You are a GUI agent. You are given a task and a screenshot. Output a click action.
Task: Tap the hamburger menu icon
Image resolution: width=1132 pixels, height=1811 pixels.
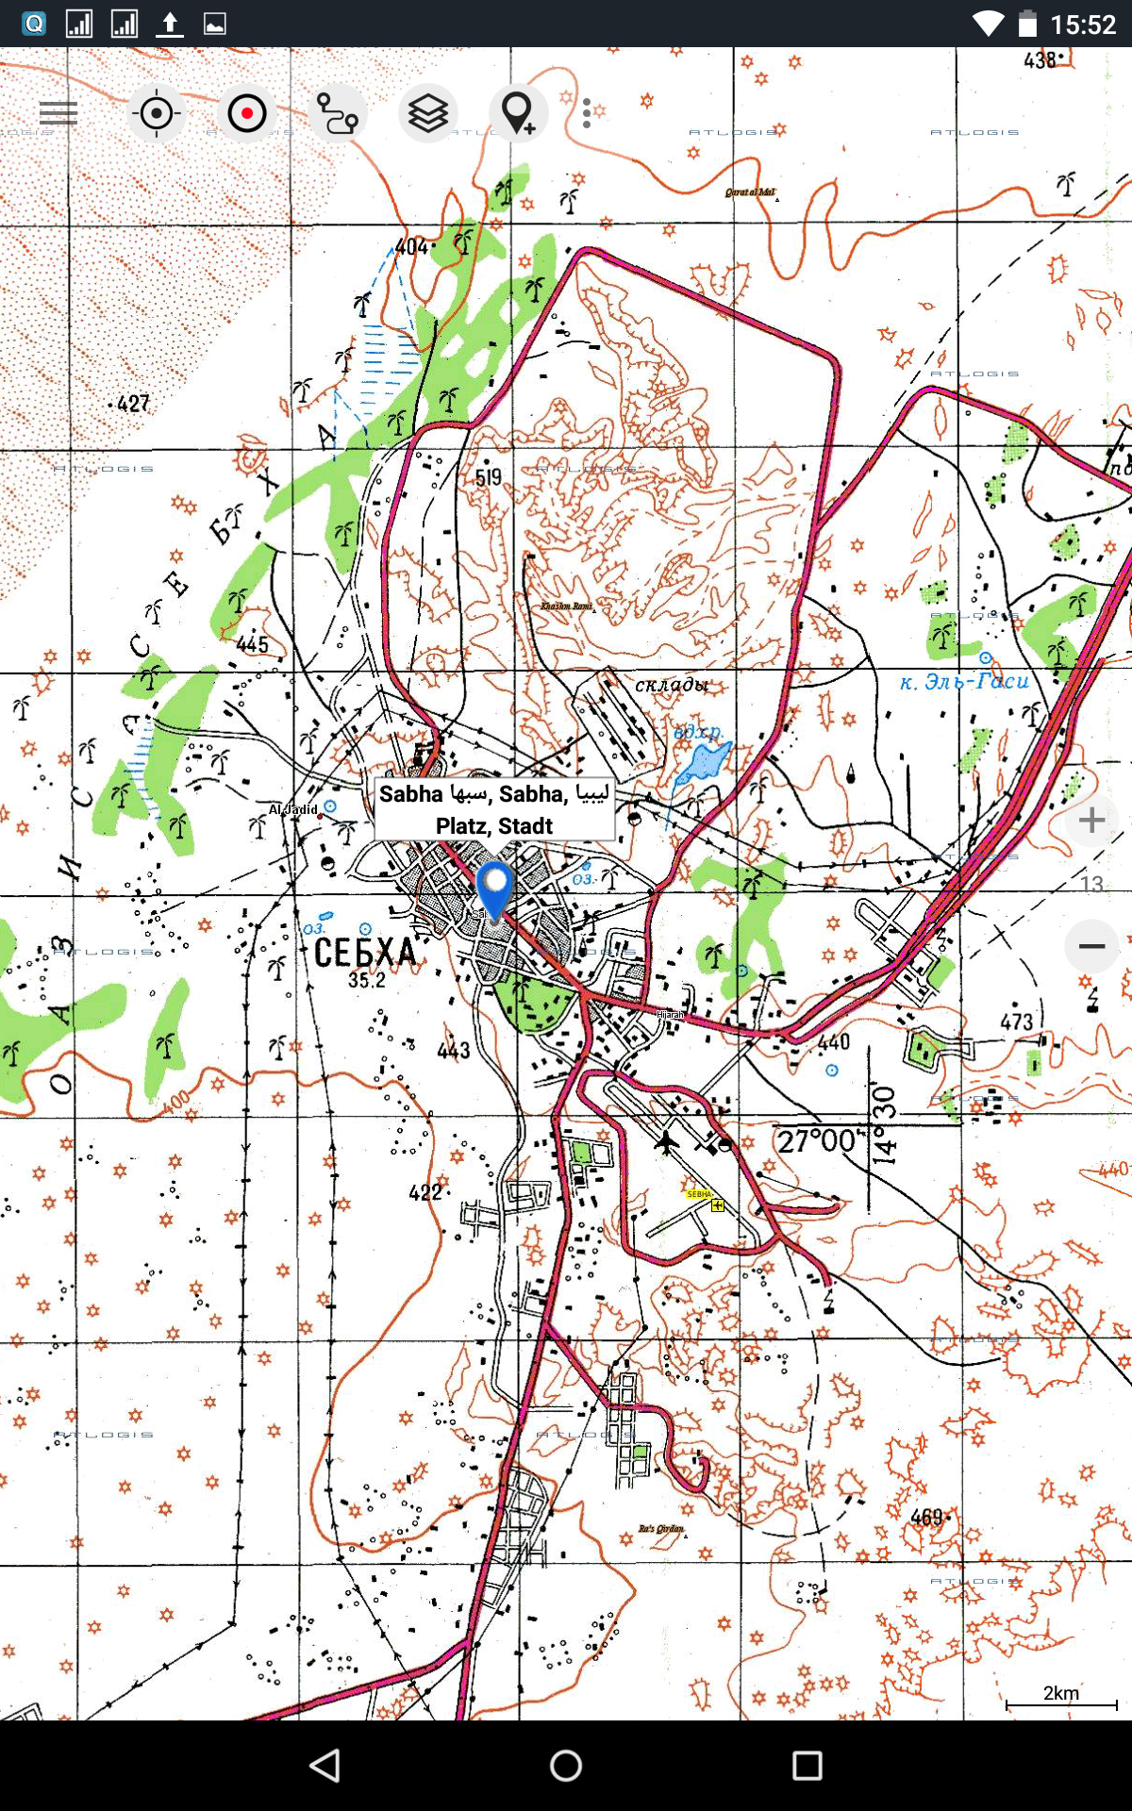[x=58, y=113]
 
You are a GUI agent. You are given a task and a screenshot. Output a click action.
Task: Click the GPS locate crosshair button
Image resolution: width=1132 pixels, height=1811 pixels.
[x=157, y=113]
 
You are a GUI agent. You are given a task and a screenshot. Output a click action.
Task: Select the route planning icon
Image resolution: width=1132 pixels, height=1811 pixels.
[x=337, y=113]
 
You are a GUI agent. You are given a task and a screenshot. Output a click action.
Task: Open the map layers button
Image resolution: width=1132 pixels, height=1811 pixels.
[x=427, y=113]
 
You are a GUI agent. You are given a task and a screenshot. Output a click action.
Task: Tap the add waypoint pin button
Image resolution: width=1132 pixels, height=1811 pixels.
[x=518, y=113]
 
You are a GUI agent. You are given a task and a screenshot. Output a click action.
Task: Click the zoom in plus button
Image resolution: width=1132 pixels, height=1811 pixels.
[x=1091, y=820]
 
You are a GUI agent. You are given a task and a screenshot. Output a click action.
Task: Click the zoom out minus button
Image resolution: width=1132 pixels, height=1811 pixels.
[x=1091, y=946]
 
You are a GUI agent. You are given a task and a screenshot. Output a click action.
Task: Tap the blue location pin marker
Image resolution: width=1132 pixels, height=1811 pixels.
[x=493, y=888]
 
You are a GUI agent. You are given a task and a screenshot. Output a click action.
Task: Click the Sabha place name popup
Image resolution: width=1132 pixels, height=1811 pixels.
[x=494, y=809]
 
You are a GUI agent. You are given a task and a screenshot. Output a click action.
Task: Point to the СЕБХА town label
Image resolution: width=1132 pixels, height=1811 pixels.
[x=365, y=953]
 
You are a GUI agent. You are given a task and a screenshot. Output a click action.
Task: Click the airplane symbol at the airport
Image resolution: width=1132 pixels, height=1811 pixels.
[x=667, y=1142]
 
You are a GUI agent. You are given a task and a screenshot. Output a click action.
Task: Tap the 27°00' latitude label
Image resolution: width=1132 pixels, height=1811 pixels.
[x=817, y=1141]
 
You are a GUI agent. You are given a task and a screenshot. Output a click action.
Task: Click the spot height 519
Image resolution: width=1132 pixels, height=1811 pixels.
[x=489, y=477]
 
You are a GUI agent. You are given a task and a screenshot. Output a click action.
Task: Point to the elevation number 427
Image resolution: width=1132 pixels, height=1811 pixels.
[x=133, y=404]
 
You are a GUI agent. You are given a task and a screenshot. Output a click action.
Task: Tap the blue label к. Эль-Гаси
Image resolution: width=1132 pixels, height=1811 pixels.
[x=963, y=681]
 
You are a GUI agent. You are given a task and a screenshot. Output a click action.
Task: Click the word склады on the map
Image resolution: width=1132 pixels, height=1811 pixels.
[x=672, y=684]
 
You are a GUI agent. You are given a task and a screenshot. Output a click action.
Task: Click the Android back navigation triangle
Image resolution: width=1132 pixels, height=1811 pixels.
[x=325, y=1766]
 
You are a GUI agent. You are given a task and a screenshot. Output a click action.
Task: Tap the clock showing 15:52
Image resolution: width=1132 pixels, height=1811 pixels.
[x=1083, y=24]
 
